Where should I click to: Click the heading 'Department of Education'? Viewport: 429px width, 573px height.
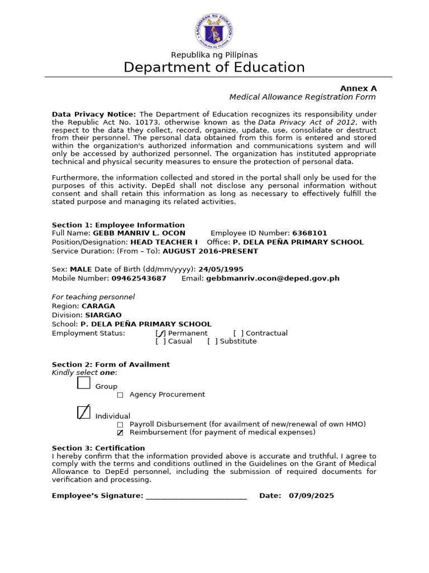click(x=214, y=68)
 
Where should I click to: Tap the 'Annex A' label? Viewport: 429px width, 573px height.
click(x=359, y=88)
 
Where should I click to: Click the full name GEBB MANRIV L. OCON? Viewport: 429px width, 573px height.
click(x=139, y=233)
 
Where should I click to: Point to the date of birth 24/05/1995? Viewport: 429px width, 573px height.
click(x=221, y=269)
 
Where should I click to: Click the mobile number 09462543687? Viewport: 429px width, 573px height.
click(x=139, y=278)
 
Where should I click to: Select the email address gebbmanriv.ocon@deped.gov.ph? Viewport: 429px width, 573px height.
click(x=273, y=278)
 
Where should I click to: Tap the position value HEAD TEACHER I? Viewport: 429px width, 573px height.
click(x=164, y=242)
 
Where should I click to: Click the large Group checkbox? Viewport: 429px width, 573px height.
click(x=83, y=383)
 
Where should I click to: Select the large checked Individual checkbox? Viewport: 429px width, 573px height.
click(x=83, y=412)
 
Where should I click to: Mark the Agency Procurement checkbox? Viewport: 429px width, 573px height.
click(x=120, y=395)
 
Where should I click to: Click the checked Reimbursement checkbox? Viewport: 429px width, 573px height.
click(x=120, y=433)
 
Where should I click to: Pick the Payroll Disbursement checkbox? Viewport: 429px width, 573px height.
click(x=120, y=425)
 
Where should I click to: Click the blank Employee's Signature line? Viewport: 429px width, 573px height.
click(x=196, y=495)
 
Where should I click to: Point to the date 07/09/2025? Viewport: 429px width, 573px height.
click(x=311, y=496)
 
